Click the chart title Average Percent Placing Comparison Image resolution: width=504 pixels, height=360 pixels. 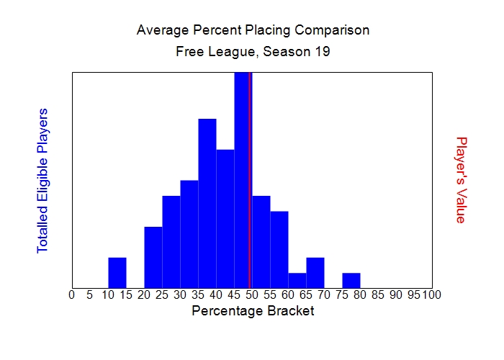coord(252,30)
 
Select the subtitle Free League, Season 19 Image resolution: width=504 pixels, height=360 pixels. coord(252,52)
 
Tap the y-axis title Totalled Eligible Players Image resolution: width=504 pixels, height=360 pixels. coord(42,180)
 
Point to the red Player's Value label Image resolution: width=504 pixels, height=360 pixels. coord(462,180)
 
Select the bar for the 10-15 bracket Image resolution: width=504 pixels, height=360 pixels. coord(117,273)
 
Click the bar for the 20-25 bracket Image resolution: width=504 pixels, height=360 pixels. coord(153,257)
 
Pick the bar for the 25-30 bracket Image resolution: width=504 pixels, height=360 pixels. coord(171,242)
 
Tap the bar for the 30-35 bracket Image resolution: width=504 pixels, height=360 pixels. coord(189,234)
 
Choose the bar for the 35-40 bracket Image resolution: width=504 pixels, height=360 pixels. coord(207,203)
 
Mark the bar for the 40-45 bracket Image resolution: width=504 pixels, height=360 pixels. coord(225,219)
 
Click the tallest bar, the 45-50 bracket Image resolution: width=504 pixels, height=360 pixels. coord(241,180)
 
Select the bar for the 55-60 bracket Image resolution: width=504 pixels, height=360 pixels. coord(279,250)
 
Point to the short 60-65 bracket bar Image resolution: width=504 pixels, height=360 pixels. coord(297,280)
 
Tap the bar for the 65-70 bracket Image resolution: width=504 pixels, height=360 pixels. coord(315,273)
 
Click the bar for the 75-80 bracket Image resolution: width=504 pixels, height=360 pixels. coord(351,280)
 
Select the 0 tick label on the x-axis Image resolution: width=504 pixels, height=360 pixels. coord(71,294)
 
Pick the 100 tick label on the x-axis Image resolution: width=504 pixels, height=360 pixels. coord(432,294)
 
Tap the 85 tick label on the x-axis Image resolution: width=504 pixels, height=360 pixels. coord(378,294)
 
